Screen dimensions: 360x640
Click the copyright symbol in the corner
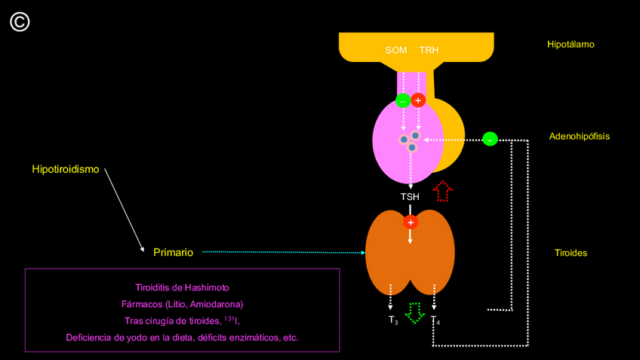pos(20,23)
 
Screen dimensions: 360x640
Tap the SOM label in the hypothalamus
pos(396,51)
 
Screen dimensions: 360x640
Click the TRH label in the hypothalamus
pos(429,51)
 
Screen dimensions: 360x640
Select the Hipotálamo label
pos(571,45)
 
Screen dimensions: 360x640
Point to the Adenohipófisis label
pos(579,137)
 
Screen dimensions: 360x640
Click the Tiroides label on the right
pos(571,253)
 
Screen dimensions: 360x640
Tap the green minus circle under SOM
pos(403,100)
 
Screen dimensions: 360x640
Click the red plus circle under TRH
pos(419,100)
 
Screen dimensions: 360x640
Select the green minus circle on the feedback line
pos(490,139)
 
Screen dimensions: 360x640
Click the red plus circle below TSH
pos(411,222)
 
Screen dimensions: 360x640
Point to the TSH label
pos(410,197)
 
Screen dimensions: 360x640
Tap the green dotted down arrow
pos(414,312)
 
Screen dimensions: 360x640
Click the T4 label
pos(435,321)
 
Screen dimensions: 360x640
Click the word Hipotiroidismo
pos(66,169)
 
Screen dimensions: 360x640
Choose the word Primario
pos(173,252)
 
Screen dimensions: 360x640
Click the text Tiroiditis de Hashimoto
pos(182,288)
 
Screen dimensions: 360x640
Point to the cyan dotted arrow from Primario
pos(283,252)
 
